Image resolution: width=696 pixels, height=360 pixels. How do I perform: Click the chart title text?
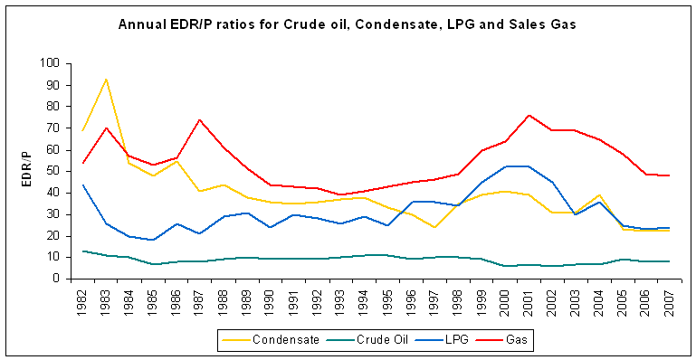[348, 24]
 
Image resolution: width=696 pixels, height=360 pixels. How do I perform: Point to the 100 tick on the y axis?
[48, 63]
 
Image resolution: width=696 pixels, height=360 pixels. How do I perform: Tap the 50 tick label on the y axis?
[51, 171]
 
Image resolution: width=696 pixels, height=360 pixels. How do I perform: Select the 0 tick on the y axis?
[54, 279]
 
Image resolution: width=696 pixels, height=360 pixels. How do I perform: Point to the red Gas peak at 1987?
[199, 119]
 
